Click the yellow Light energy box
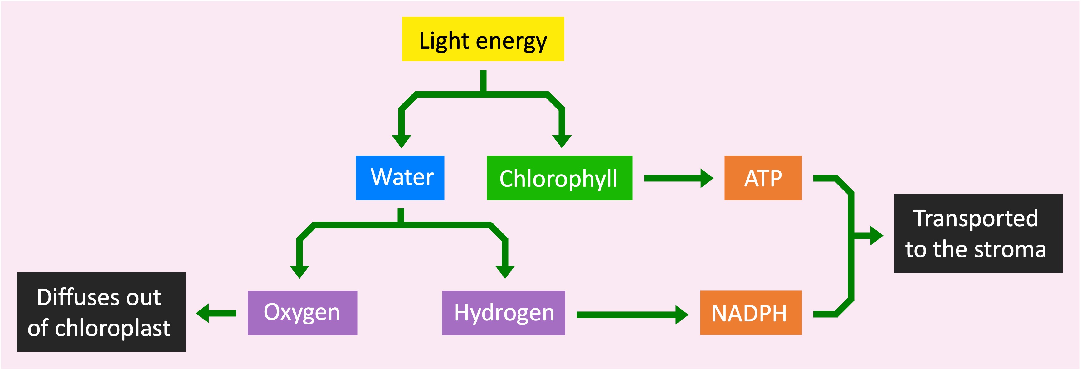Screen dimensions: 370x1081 coord(483,39)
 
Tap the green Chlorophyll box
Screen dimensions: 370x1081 coord(559,178)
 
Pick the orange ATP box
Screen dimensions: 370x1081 coord(762,178)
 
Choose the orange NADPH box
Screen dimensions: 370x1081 coord(750,313)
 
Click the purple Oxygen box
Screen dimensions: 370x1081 coord(302,313)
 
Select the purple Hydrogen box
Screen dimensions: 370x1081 coord(503,313)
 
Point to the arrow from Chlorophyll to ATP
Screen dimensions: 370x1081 coord(678,178)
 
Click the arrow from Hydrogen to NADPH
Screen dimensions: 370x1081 coord(631,315)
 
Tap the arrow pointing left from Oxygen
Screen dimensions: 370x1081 coord(216,313)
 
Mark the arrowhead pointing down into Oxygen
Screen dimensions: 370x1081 coord(299,272)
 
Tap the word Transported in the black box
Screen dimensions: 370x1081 coord(975,219)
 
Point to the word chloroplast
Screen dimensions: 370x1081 coord(112,328)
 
